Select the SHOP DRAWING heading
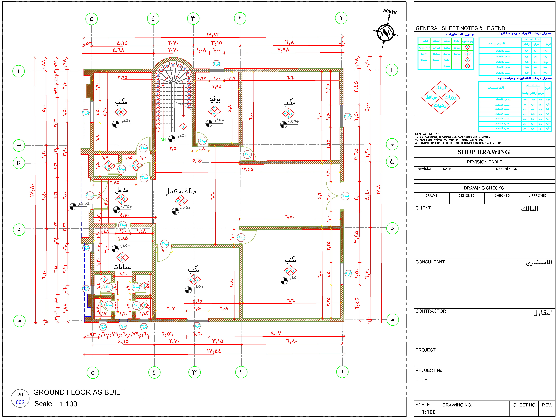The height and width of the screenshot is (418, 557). pyautogui.click(x=484, y=152)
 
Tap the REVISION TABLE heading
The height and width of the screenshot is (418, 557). pyautogui.click(x=484, y=162)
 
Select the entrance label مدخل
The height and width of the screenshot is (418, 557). pyautogui.click(x=121, y=190)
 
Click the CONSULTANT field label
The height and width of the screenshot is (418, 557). pyautogui.click(x=430, y=262)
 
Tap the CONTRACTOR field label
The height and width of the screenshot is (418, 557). pyautogui.click(x=431, y=311)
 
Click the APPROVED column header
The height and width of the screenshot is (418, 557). pyautogui.click(x=538, y=196)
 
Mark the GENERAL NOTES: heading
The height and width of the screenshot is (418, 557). pyautogui.click(x=427, y=134)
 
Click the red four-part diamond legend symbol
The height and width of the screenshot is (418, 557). pyautogui.click(x=441, y=98)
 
